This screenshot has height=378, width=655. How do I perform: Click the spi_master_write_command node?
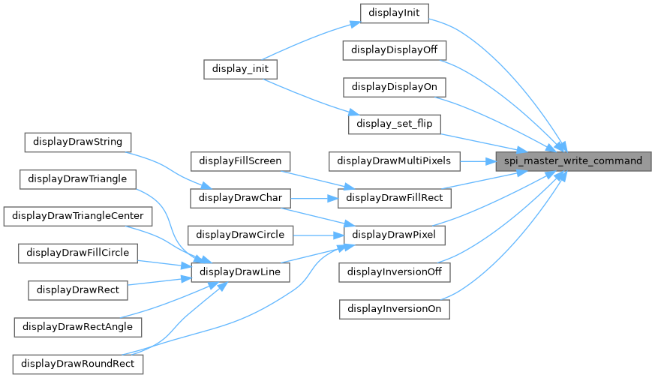click(x=573, y=160)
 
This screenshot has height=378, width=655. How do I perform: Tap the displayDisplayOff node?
click(x=395, y=49)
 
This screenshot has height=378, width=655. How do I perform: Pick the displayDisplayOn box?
click(x=395, y=86)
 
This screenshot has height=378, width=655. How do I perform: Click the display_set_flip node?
click(x=395, y=123)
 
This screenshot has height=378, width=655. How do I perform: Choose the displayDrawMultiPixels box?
click(x=395, y=160)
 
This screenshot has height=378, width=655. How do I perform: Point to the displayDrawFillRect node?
click(x=395, y=198)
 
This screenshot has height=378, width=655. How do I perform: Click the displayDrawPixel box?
click(x=395, y=235)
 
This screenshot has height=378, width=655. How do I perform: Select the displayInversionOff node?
click(x=395, y=271)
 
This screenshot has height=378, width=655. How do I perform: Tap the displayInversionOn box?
click(x=395, y=308)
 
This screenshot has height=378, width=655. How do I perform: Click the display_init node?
click(x=241, y=68)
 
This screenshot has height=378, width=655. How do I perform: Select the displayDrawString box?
click(x=78, y=142)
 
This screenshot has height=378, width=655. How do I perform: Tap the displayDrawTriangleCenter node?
click(x=78, y=216)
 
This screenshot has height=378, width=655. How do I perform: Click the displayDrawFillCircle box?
click(x=78, y=253)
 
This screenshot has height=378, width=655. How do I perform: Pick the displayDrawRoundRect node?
click(x=78, y=364)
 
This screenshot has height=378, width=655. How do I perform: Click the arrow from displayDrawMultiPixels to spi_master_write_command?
click(x=478, y=160)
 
